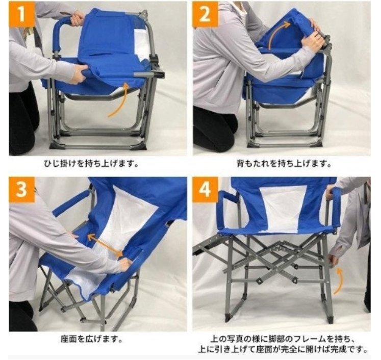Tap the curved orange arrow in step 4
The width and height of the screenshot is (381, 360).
pos(338,282)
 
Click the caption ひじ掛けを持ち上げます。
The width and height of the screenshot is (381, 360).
pos(91,164)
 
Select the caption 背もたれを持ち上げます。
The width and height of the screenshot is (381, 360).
pos(284,164)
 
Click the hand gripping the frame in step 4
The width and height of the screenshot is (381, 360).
pos(334,261)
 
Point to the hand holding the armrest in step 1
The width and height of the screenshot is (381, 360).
pos(77,19)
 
